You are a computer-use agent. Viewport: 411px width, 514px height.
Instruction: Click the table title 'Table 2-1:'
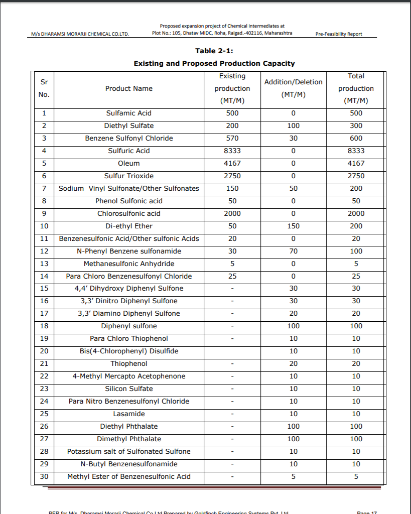[x=214, y=51]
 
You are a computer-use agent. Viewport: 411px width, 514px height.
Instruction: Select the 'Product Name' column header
[x=129, y=88]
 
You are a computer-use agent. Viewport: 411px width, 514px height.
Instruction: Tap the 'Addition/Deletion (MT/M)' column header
[x=293, y=88]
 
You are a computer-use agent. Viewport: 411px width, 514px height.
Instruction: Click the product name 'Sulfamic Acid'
[x=129, y=113]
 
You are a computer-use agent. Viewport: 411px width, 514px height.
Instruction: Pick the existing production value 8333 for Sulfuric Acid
[x=232, y=151]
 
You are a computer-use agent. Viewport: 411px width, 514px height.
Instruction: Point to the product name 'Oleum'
[x=129, y=164]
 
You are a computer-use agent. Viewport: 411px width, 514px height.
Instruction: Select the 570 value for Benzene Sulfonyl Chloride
[x=232, y=139]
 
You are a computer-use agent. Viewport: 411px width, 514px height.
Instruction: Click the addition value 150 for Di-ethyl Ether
[x=293, y=226]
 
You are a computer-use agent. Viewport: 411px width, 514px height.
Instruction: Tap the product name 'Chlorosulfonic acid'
[x=129, y=214]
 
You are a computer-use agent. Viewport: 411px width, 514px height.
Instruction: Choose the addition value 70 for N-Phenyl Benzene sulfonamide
[x=293, y=251]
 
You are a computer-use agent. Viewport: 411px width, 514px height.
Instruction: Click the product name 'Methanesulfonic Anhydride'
[x=129, y=264]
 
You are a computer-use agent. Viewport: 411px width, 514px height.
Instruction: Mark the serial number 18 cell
[x=44, y=326]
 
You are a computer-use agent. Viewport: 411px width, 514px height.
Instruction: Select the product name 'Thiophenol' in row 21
[x=129, y=364]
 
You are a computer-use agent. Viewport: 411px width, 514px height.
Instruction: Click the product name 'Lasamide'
[x=129, y=414]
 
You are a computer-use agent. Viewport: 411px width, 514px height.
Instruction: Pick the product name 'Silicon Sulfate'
[x=129, y=389]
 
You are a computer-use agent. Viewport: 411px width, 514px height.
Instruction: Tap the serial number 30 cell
[x=44, y=477]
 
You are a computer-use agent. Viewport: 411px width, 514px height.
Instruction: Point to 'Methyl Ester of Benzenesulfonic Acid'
[x=129, y=477]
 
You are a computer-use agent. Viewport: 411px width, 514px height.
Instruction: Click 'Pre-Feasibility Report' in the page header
[x=339, y=34]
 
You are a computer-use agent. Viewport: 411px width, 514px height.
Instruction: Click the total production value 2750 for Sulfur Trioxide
[x=356, y=176]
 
